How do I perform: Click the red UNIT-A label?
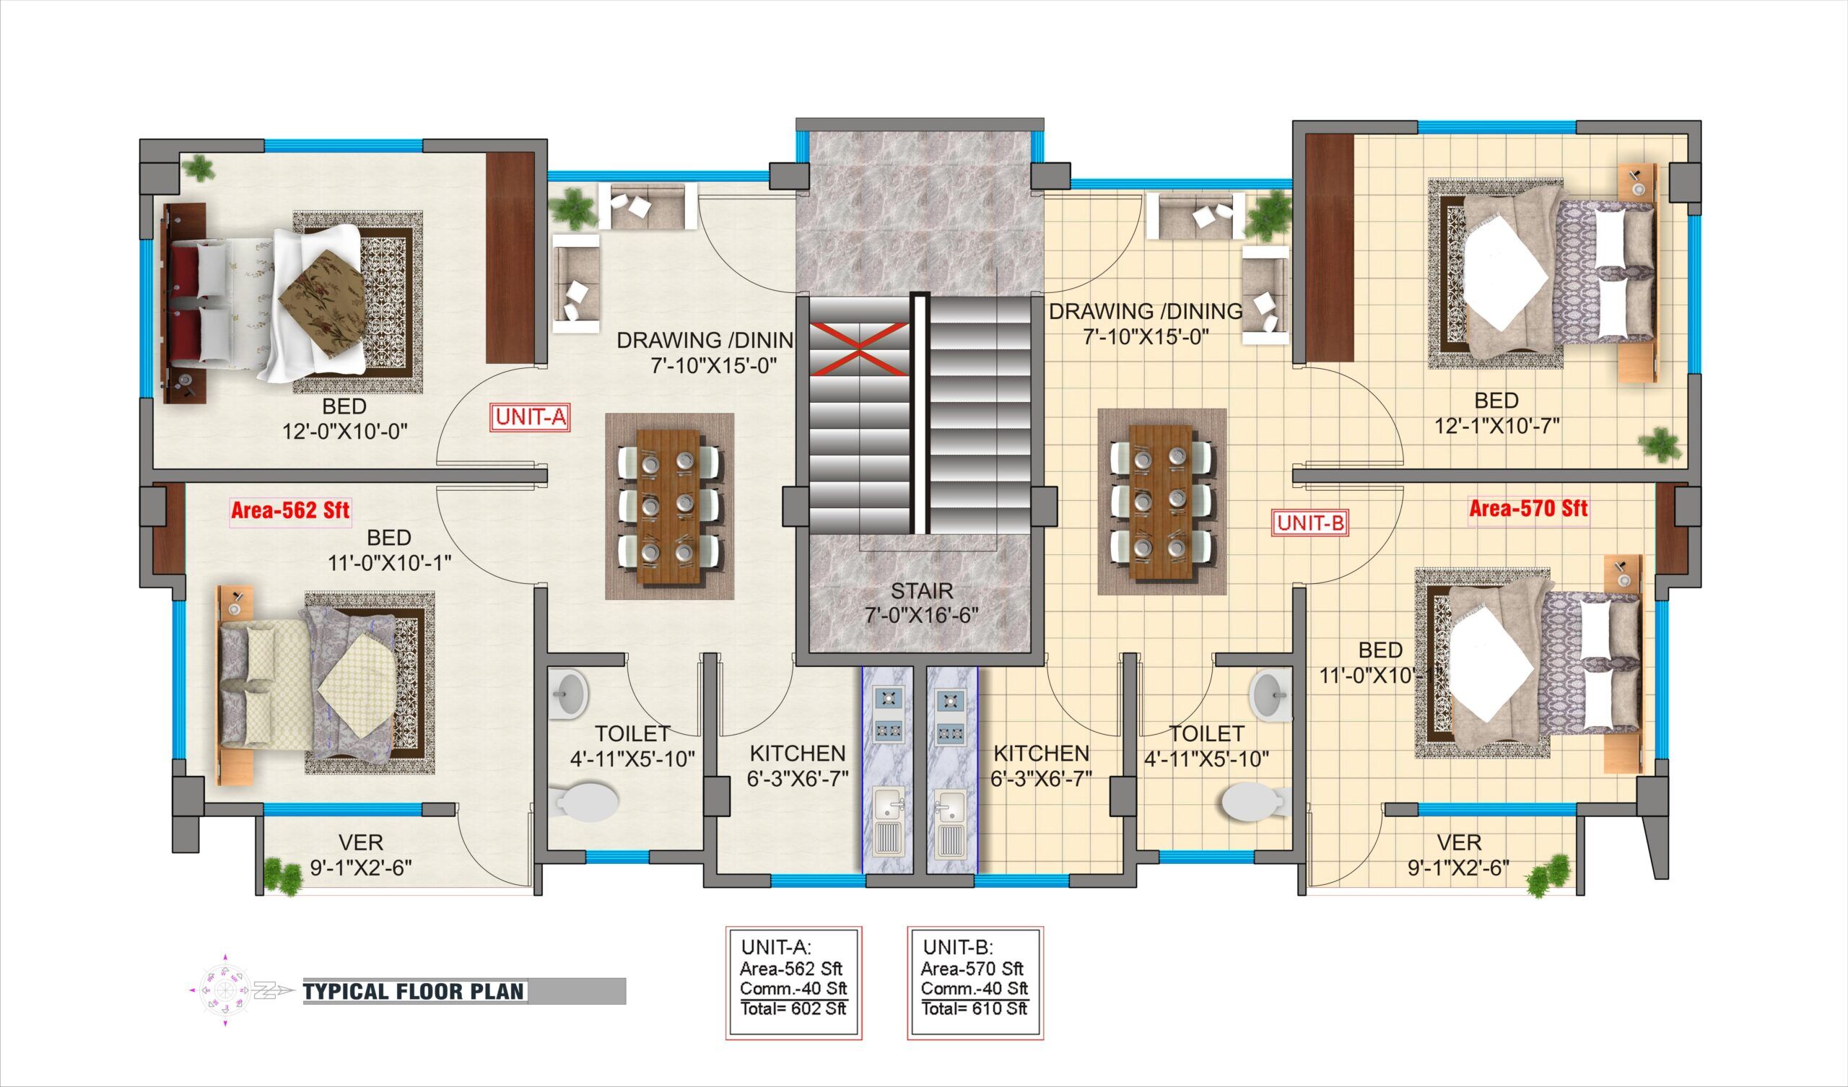(x=529, y=417)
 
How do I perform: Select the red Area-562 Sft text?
(x=290, y=510)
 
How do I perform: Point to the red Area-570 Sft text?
(x=1528, y=508)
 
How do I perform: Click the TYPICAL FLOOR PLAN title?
(x=414, y=992)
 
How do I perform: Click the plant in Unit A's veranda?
(x=282, y=875)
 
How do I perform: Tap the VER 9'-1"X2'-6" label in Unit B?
(x=1458, y=855)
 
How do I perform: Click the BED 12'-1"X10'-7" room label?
(x=1496, y=412)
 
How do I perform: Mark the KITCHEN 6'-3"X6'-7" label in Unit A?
(x=797, y=765)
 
